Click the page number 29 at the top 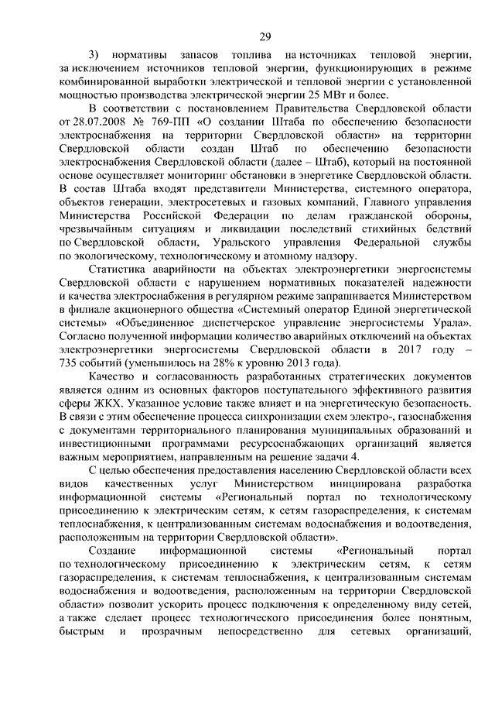pos(265,37)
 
